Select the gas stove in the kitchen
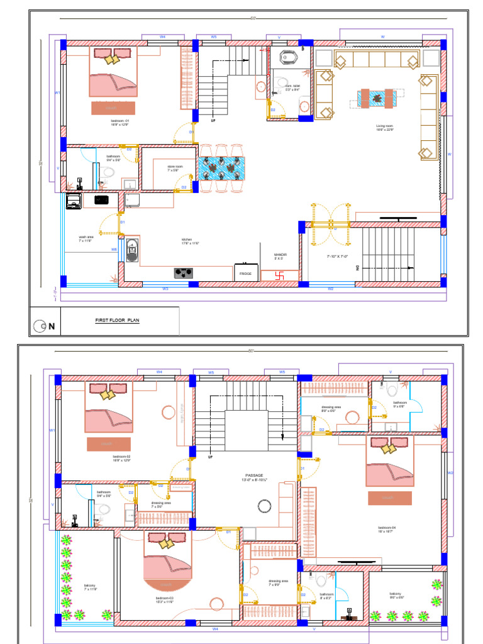point(183,272)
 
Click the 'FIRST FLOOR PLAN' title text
point(116,320)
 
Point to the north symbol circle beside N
point(40,325)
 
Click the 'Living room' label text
point(385,126)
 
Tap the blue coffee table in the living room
point(376,97)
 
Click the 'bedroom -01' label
point(119,121)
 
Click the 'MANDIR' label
point(280,255)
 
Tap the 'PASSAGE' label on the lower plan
point(254,475)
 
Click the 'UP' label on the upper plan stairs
point(213,120)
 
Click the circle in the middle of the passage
point(263,505)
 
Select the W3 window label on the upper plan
point(165,289)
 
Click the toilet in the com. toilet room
point(289,57)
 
